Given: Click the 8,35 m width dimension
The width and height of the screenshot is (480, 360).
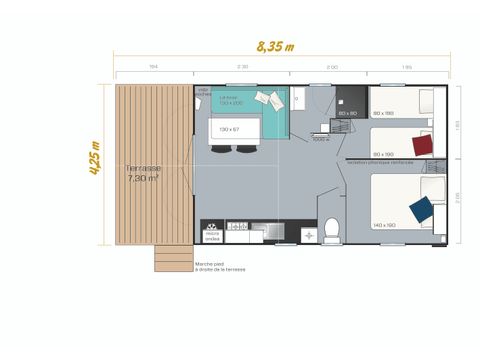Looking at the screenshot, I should (276, 45).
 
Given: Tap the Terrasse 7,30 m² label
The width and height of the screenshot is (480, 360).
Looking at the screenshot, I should (143, 172).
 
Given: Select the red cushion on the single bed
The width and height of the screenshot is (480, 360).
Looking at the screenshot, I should (423, 143).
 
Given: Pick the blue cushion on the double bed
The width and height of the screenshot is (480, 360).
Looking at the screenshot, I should (421, 208).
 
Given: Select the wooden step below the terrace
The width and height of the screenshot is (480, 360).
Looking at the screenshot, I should (172, 259).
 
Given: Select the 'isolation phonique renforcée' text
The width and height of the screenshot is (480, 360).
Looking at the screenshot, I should (380, 162).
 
